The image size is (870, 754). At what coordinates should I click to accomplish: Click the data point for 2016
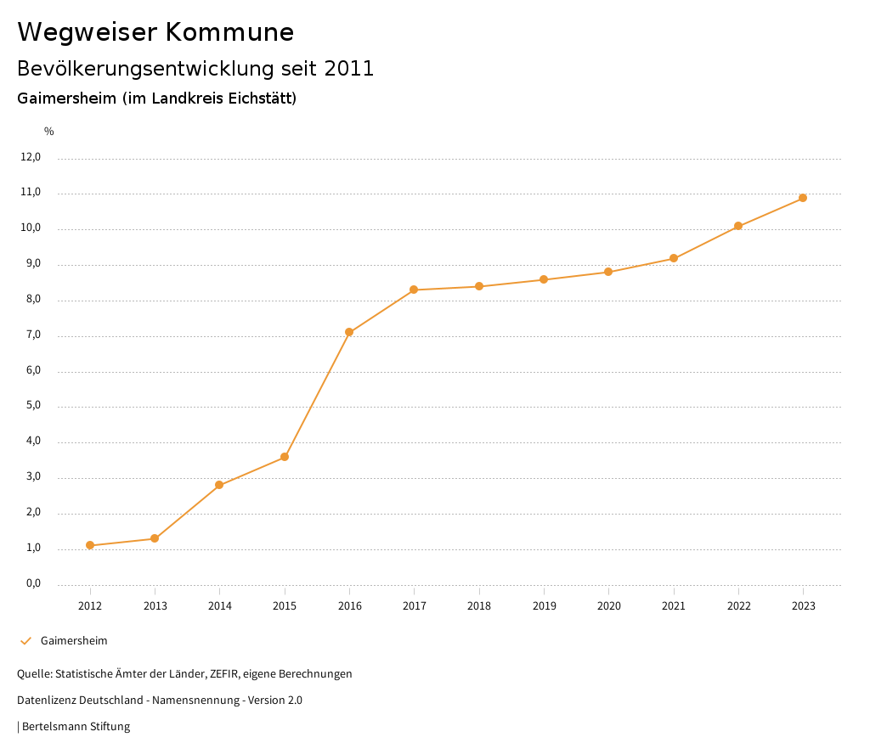tap(349, 332)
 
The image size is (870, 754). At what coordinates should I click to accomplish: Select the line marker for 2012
tap(90, 545)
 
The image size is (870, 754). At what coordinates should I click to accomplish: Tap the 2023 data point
tap(803, 198)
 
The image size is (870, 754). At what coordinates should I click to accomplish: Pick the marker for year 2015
tap(285, 457)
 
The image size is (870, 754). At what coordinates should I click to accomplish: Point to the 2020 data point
tap(608, 272)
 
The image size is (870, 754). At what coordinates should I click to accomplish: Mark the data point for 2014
tap(219, 485)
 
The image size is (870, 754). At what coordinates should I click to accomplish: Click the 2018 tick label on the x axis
tap(479, 605)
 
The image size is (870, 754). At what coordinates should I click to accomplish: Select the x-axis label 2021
tap(674, 605)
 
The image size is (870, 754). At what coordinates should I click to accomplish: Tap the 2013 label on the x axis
tap(155, 605)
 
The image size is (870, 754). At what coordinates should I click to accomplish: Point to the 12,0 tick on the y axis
tap(31, 157)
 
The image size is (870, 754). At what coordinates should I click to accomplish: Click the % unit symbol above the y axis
tap(49, 132)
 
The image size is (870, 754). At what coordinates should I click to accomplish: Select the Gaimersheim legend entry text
tap(74, 641)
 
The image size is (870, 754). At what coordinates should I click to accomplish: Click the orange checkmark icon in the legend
tap(25, 641)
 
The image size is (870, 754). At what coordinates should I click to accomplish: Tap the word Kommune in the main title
tap(229, 32)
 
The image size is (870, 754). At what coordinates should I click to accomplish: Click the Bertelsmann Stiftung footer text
tap(76, 727)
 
